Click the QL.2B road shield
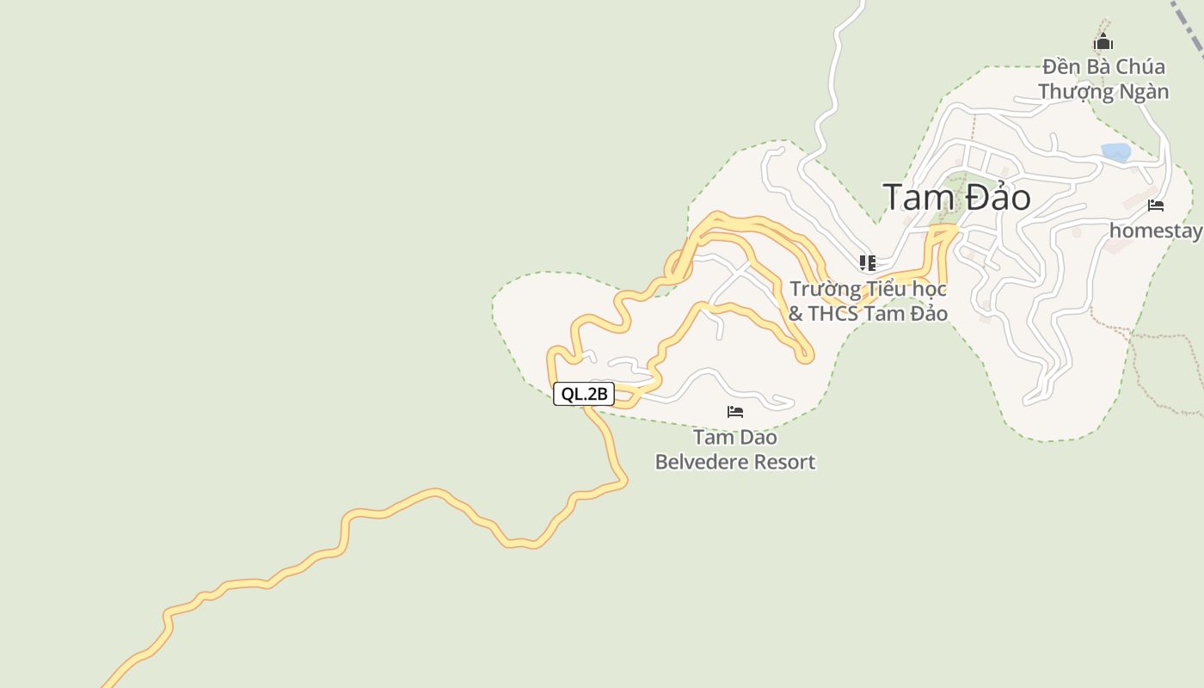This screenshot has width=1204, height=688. tap(584, 394)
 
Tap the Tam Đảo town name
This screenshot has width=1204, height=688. tap(956, 198)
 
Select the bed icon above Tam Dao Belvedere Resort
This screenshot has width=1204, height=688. tap(735, 412)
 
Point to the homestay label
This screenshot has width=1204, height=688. tap(1155, 230)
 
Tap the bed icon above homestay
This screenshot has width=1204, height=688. tap(1156, 206)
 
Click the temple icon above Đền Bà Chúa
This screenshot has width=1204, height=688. tap(1103, 42)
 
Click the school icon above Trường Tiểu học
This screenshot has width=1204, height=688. tap(867, 262)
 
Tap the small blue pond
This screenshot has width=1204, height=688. tap(1116, 153)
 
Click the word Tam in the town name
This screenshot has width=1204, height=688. tap(917, 198)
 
